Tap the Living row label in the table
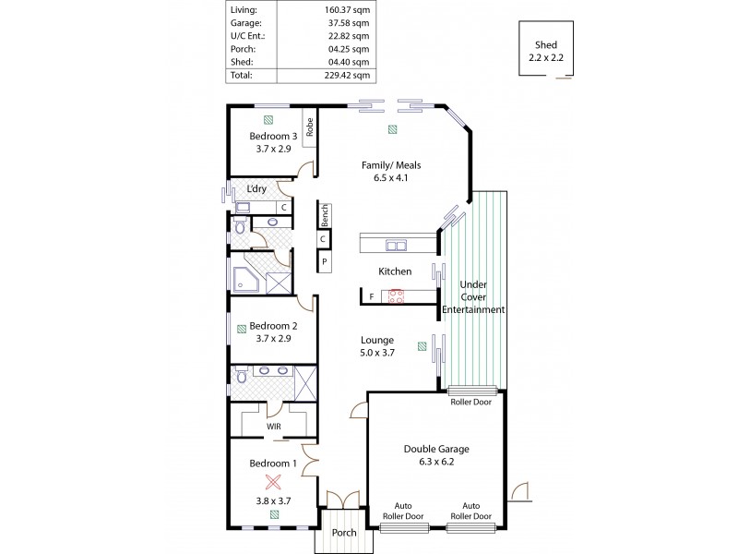[244, 10]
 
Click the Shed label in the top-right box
[545, 45]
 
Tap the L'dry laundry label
[256, 189]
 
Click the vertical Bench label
[325, 215]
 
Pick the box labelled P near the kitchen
[325, 263]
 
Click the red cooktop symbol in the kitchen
[398, 295]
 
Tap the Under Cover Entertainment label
[473, 297]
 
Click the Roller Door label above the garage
[471, 402]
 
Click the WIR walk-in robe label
[274, 427]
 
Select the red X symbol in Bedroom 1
[273, 481]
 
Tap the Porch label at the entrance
[344, 533]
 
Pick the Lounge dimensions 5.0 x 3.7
[377, 353]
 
